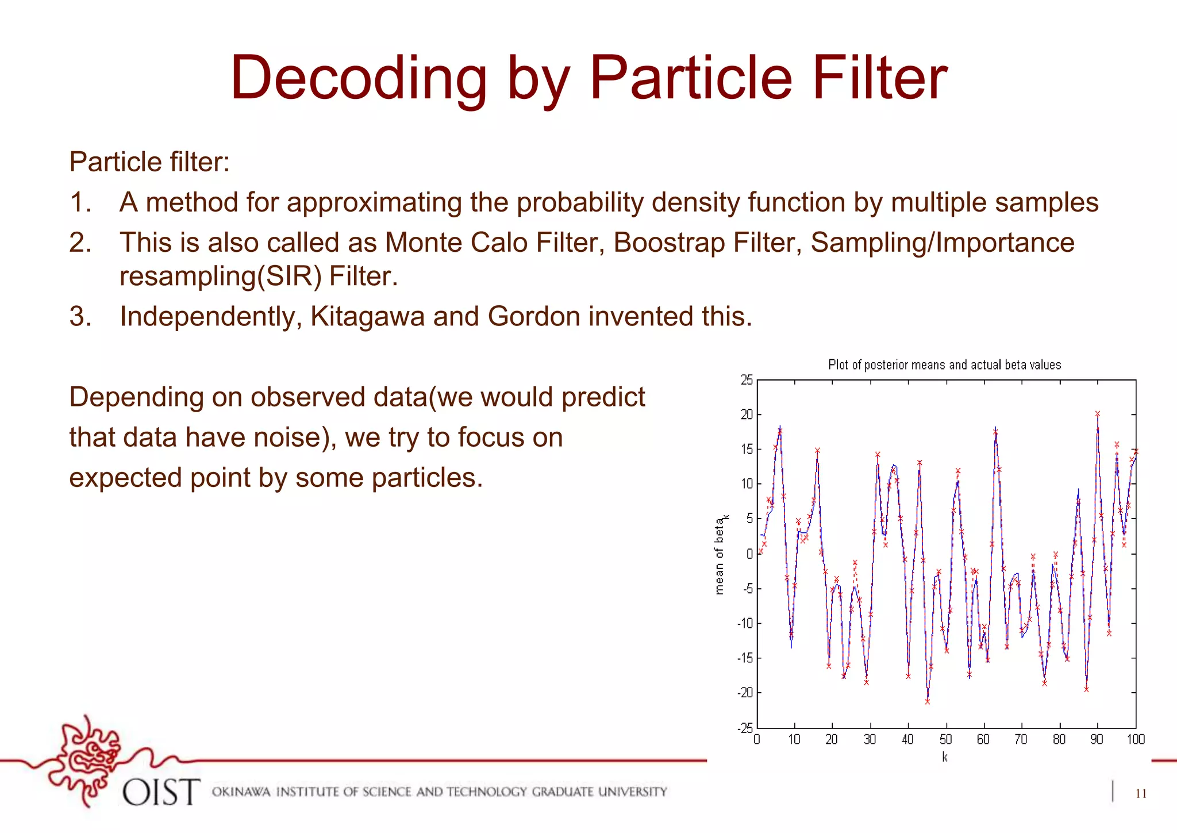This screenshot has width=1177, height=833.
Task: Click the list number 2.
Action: (x=80, y=243)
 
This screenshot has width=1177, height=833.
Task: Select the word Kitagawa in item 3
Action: (x=367, y=316)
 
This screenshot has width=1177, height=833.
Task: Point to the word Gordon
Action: (x=534, y=316)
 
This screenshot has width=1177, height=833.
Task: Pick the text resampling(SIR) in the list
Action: (x=220, y=277)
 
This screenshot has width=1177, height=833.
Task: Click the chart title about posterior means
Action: (x=944, y=364)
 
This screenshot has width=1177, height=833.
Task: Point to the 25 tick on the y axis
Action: (x=746, y=380)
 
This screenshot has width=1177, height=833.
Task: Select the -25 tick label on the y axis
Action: (x=745, y=728)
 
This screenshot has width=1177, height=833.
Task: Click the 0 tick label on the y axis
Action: (x=749, y=554)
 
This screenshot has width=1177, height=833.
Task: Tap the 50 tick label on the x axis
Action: (x=945, y=740)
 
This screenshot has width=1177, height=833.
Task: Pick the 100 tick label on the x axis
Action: (x=1136, y=740)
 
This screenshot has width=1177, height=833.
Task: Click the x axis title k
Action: (x=945, y=757)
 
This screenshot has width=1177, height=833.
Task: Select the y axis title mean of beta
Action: (x=720, y=555)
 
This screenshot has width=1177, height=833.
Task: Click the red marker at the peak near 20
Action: (x=1097, y=414)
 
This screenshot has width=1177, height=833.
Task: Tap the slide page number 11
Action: (x=1141, y=794)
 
